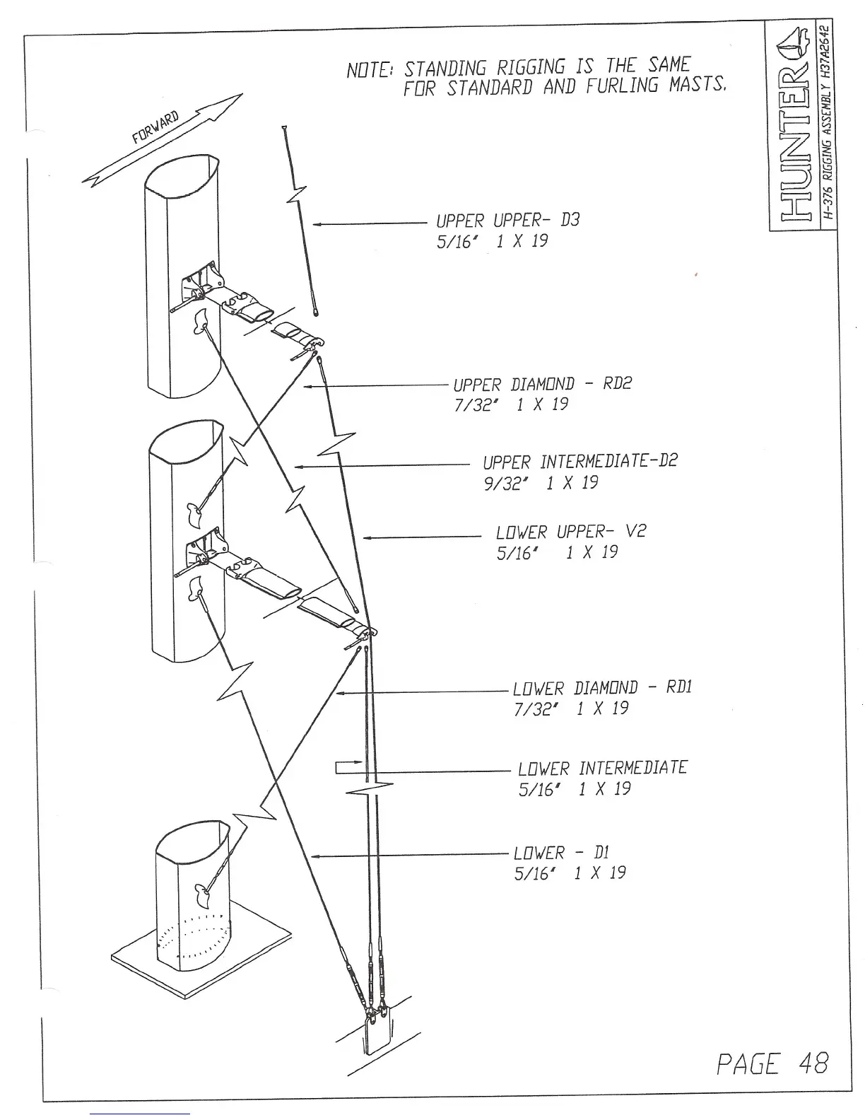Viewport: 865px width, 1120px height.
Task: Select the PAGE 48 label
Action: pyautogui.click(x=771, y=1063)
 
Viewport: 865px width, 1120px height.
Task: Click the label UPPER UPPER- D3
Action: pyautogui.click(x=507, y=220)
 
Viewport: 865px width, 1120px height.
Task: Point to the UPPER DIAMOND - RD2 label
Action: pyautogui.click(x=542, y=384)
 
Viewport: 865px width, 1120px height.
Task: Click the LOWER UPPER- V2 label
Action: pyautogui.click(x=571, y=531)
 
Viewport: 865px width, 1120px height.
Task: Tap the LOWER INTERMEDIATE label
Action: pyautogui.click(x=602, y=768)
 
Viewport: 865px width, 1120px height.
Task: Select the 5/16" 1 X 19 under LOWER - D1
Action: pyautogui.click(x=570, y=873)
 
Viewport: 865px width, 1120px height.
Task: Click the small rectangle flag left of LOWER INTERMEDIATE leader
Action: pyautogui.click(x=348, y=768)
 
